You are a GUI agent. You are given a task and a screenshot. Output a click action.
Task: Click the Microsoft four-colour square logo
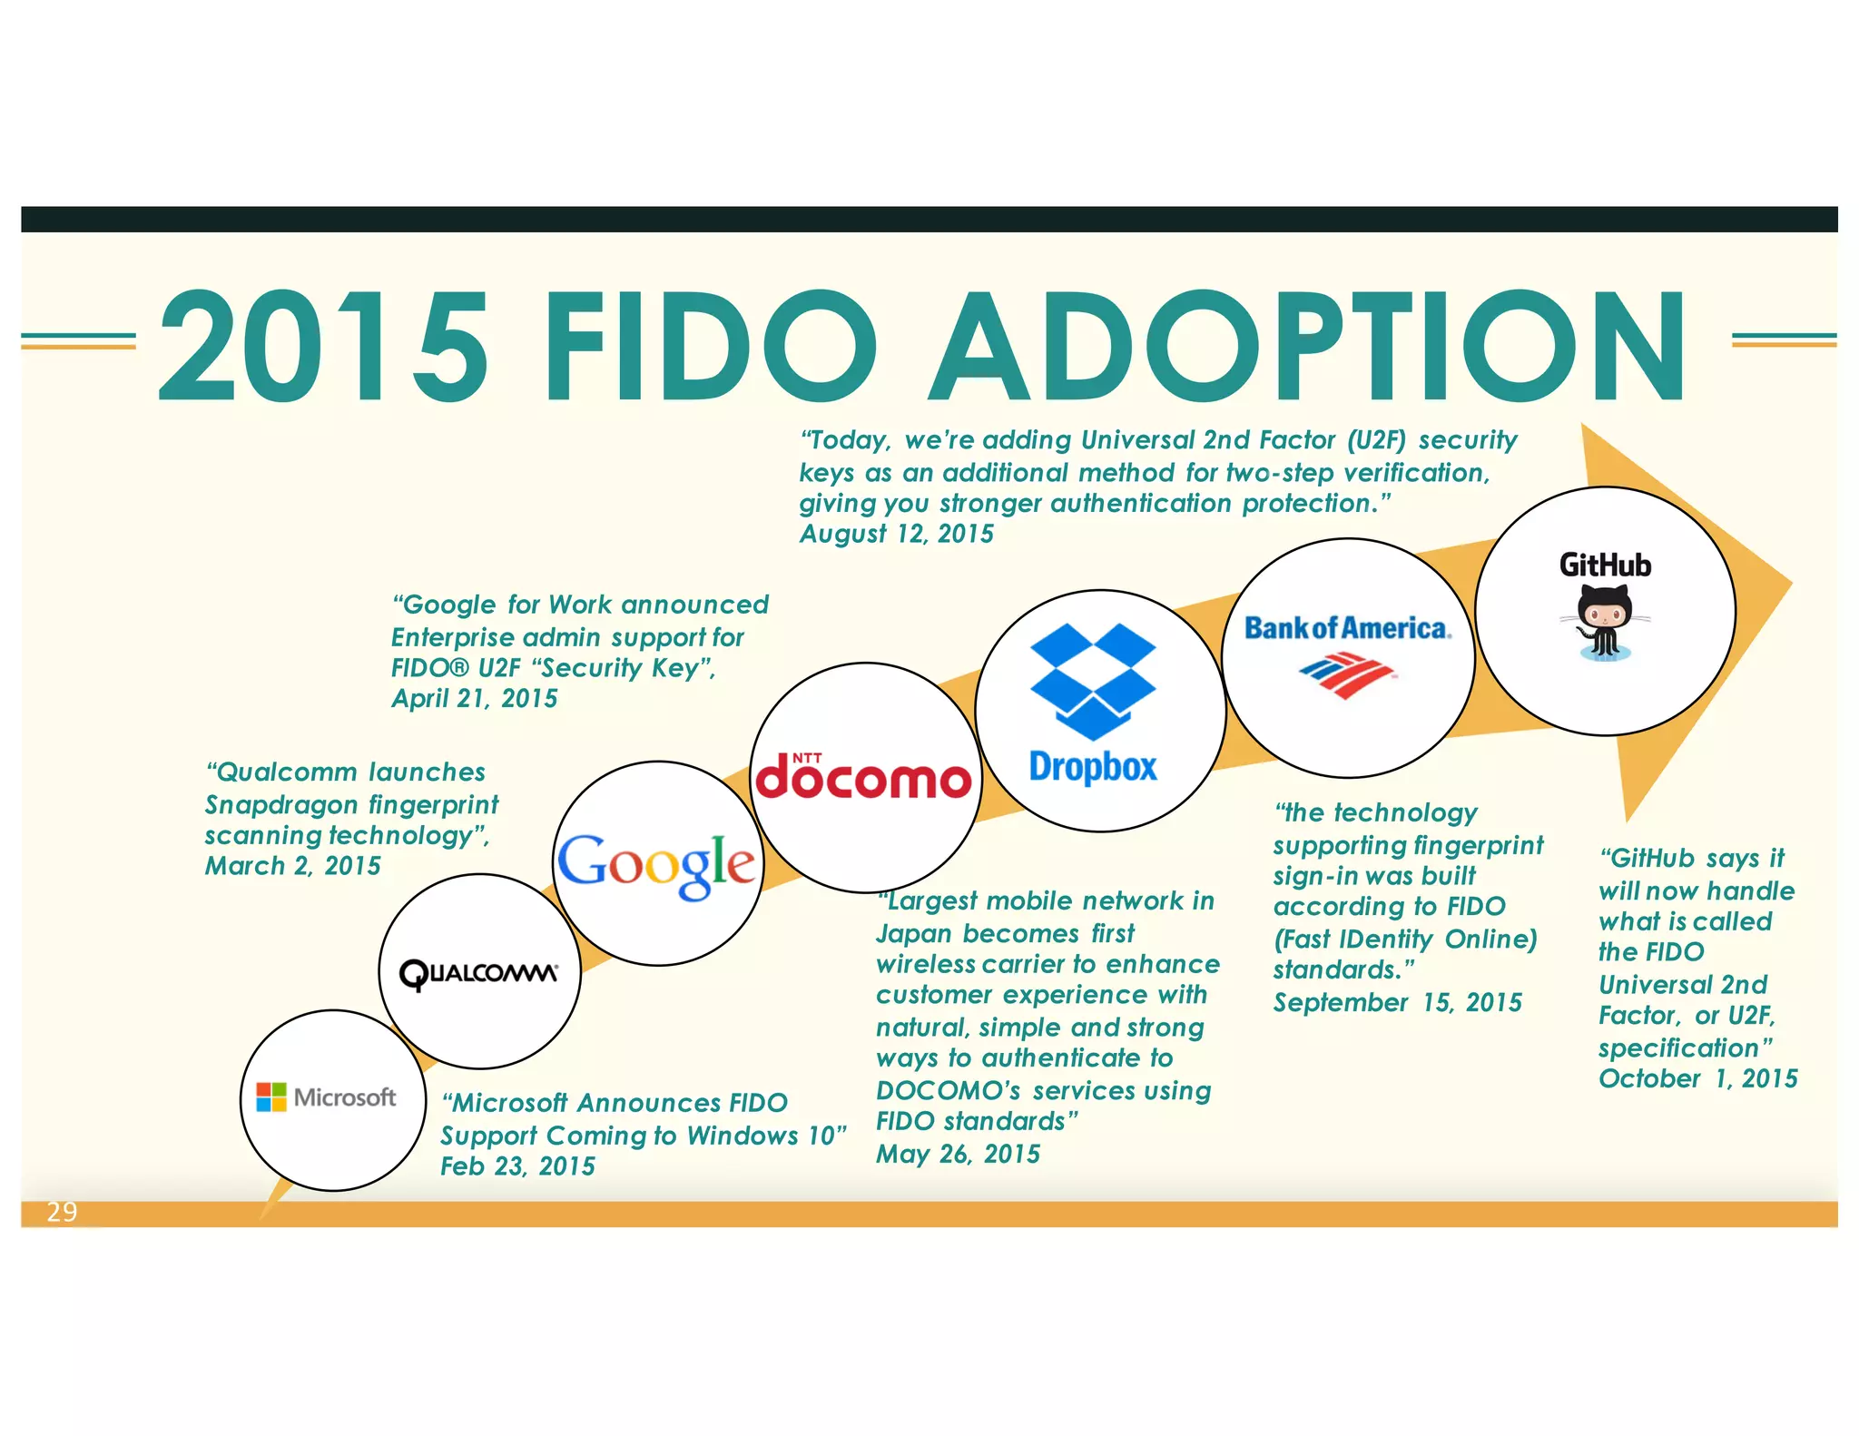click(270, 1097)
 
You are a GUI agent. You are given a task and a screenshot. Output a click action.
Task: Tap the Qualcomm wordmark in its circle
click(479, 973)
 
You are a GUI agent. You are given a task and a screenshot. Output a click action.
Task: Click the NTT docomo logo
click(863, 778)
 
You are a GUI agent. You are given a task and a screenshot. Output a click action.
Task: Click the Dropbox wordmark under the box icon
click(1093, 767)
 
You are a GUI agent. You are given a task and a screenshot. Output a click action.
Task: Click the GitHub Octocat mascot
click(1604, 621)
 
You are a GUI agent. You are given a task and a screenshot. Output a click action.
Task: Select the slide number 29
click(62, 1212)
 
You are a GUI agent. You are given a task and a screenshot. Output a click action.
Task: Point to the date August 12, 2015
click(896, 534)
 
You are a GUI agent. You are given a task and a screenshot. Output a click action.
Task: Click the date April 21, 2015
click(474, 699)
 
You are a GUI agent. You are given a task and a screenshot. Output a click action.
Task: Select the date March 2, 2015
click(292, 866)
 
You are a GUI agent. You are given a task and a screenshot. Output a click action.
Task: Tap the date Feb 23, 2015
click(517, 1166)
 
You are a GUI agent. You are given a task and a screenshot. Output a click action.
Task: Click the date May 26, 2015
click(958, 1154)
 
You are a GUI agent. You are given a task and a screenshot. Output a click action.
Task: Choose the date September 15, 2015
click(1397, 1002)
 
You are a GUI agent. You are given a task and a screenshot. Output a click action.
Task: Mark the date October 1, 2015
click(1697, 1078)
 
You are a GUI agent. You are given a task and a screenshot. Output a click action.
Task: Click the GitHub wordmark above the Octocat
click(1604, 565)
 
